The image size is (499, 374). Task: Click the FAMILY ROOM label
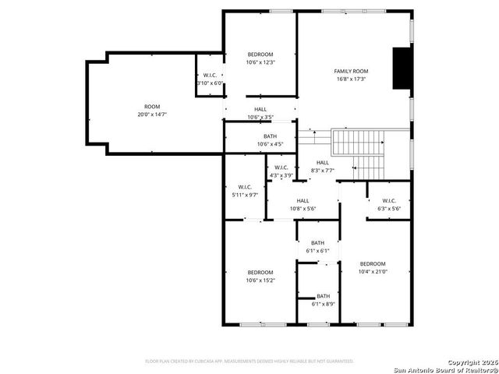pyautogui.click(x=351, y=71)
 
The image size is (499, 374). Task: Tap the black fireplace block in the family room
pyautogui.click(x=402, y=69)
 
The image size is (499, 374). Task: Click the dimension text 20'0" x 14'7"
pyautogui.click(x=151, y=115)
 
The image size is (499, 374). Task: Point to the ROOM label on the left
pyautogui.click(x=151, y=107)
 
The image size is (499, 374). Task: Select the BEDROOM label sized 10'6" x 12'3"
pyautogui.click(x=260, y=55)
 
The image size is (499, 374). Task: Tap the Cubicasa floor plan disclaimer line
pyautogui.click(x=249, y=361)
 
